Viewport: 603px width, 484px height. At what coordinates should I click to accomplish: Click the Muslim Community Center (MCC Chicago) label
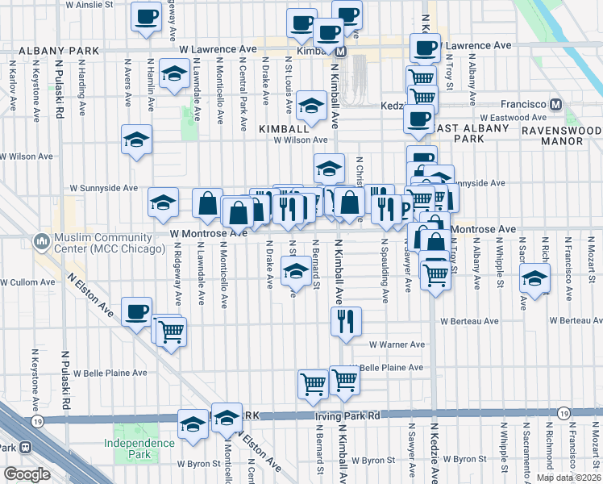tap(102, 242)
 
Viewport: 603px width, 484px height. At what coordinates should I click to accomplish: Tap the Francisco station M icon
tap(555, 105)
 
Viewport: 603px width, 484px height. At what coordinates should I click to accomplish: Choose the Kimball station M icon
tap(341, 52)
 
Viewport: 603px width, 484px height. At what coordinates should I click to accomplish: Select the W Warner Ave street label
tap(397, 344)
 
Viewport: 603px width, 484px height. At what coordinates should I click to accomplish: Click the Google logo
tap(27, 474)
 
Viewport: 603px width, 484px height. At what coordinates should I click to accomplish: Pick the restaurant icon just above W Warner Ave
tap(346, 321)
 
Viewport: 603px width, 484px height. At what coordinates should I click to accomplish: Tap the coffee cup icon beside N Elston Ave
tap(137, 311)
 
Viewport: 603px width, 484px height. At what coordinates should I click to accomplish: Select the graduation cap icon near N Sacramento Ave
tap(534, 280)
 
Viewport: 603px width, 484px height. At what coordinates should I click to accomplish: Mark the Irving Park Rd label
tap(347, 416)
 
